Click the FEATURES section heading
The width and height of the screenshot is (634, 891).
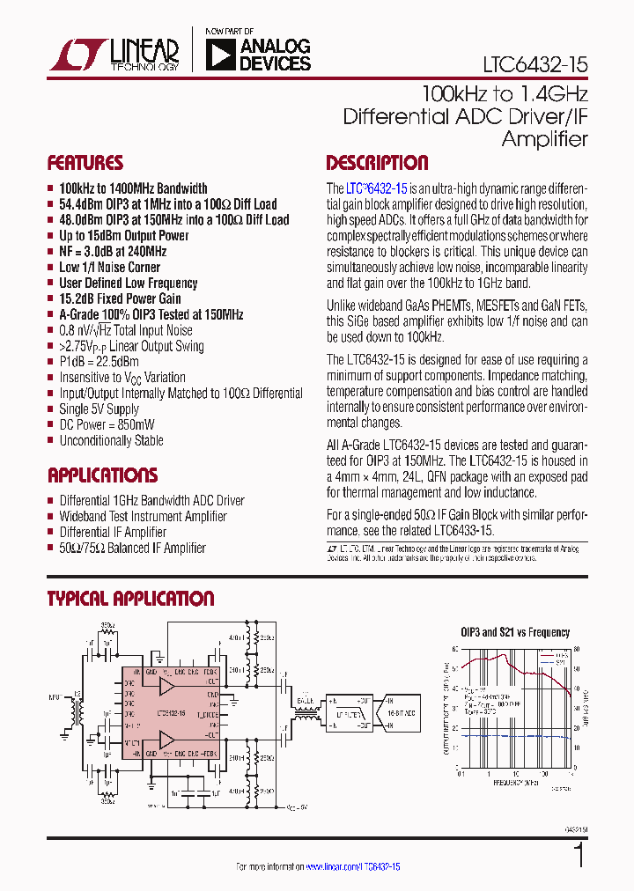85,163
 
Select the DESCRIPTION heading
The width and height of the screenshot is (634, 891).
377,163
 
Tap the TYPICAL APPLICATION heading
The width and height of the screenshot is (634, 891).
130,599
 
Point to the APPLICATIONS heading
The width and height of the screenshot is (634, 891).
102,475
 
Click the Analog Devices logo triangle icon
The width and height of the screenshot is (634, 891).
219,55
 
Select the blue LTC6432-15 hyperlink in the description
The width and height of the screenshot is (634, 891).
376,188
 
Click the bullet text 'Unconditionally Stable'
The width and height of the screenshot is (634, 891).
111,440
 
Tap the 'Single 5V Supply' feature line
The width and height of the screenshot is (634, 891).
99,409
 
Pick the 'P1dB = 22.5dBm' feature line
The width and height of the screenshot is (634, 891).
99,362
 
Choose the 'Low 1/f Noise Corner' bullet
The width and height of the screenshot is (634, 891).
109,267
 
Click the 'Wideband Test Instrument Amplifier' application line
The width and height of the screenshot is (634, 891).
143,516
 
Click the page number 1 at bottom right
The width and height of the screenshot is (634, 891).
579,856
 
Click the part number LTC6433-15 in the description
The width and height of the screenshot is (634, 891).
461,531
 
